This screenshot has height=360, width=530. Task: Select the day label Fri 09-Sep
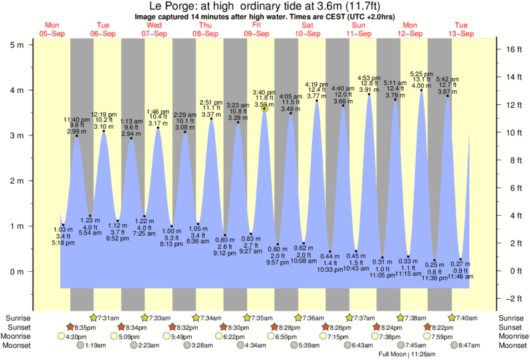pyautogui.click(x=257, y=29)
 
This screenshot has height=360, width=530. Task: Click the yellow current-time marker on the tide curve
pyautogui.click(x=265, y=108)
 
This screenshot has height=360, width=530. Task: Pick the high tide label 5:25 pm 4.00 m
pyautogui.click(x=420, y=79)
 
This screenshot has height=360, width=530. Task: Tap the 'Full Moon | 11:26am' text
pyautogui.click(x=408, y=354)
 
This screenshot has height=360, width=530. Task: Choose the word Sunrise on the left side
pyautogui.click(x=17, y=317)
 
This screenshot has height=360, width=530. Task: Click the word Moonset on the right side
pyautogui.click(x=513, y=346)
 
